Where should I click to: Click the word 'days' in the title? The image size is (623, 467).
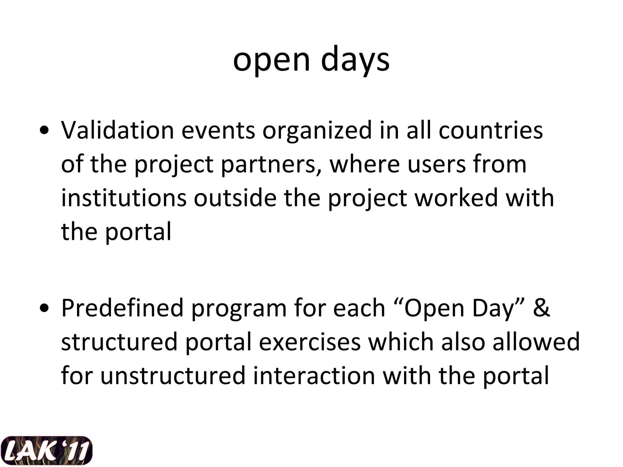[355, 60]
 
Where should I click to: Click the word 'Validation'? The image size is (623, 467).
[117, 130]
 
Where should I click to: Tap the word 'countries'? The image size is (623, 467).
[490, 130]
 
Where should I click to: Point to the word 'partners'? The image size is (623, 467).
[271, 164]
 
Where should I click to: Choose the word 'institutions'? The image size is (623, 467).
[124, 198]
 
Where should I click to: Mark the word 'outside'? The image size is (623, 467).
[235, 198]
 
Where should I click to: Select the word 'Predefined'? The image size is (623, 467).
[122, 308]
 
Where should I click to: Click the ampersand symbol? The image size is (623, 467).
[541, 308]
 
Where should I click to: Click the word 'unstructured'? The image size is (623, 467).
[172, 376]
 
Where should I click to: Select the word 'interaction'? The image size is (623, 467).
[314, 376]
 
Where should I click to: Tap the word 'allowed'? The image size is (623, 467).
[536, 342]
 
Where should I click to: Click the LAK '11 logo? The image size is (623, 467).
[46, 451]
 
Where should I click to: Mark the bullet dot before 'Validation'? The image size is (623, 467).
[44, 131]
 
